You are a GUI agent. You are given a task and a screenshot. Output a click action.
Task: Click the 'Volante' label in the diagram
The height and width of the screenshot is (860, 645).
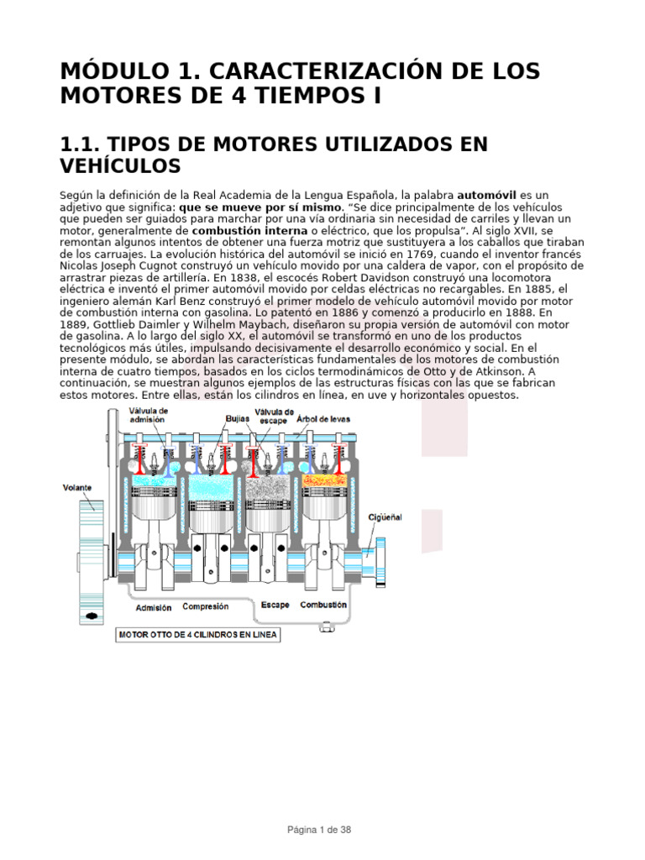click(x=76, y=488)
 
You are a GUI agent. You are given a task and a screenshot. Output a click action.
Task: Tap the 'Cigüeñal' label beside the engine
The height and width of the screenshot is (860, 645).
click(x=385, y=517)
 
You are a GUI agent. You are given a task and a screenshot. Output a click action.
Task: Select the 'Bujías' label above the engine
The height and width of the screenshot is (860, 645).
click(x=238, y=417)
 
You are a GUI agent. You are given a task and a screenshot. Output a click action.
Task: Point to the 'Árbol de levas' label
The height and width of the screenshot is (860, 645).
click(x=323, y=417)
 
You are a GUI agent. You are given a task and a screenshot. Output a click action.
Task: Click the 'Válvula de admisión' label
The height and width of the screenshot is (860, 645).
click(x=149, y=416)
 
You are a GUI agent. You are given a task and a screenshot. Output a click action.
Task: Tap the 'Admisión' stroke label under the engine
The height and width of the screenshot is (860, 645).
click(x=153, y=607)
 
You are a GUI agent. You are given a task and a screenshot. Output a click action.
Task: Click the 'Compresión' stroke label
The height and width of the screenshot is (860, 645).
click(x=206, y=606)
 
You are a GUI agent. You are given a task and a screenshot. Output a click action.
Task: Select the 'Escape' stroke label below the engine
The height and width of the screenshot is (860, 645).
click(x=275, y=605)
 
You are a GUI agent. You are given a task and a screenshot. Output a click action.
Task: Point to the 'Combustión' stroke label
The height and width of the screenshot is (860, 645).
click(x=323, y=605)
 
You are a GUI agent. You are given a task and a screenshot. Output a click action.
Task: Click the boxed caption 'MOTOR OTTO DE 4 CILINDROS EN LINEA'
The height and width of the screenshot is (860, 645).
click(x=197, y=635)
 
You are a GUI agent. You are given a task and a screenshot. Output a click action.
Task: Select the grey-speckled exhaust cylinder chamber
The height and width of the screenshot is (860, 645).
click(x=266, y=484)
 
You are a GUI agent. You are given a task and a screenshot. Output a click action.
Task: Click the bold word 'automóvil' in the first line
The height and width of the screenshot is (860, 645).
click(x=487, y=195)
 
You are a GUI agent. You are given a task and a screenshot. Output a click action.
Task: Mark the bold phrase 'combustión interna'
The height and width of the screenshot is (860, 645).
click(x=239, y=230)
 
